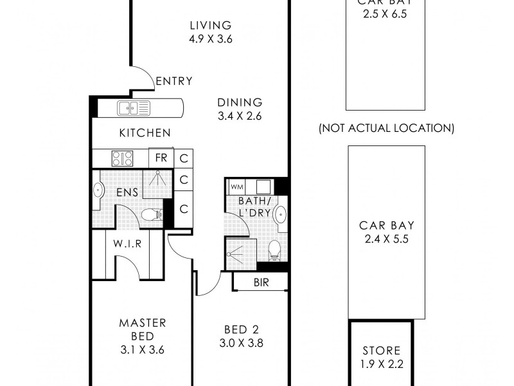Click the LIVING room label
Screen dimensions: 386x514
coord(210,26)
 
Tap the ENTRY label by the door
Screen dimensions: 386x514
coord(174,81)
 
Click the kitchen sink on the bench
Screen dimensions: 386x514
coord(133,107)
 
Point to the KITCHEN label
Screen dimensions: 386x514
coord(145,133)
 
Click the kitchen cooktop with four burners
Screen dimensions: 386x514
coord(121,158)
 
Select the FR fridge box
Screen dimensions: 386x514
coord(161,158)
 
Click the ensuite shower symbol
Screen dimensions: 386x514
coord(154,181)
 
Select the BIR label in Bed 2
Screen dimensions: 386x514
coord(261,282)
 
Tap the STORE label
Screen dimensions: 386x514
coord(381,351)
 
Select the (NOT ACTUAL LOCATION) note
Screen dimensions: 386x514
coord(386,129)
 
